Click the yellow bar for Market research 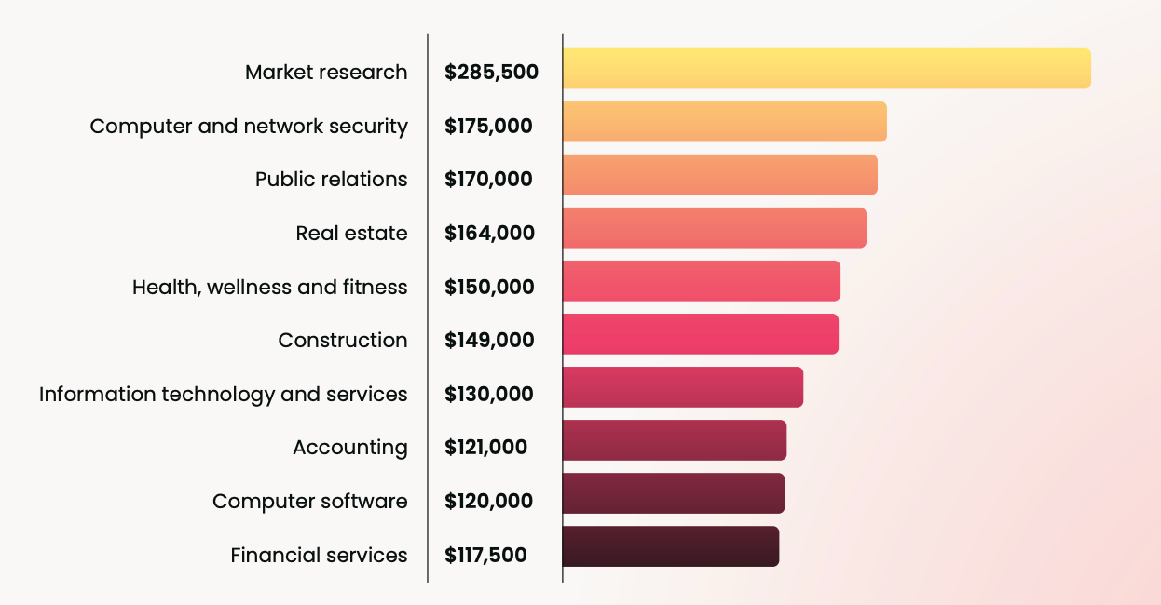pyautogui.click(x=826, y=69)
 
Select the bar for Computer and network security pyautogui.click(x=724, y=122)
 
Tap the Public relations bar pyautogui.click(x=719, y=175)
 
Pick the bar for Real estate pyautogui.click(x=714, y=228)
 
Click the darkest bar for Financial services pyautogui.click(x=670, y=546)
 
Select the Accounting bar pyautogui.click(x=675, y=440)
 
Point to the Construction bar pyautogui.click(x=700, y=334)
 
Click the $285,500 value pyautogui.click(x=491, y=73)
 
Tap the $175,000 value pyautogui.click(x=488, y=127)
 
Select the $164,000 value pyautogui.click(x=489, y=233)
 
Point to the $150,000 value pyautogui.click(x=489, y=288)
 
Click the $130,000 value pyautogui.click(x=488, y=395)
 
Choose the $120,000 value pyautogui.click(x=488, y=502)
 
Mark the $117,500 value pyautogui.click(x=485, y=556)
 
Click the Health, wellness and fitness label pyautogui.click(x=269, y=288)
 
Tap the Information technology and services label pyautogui.click(x=223, y=395)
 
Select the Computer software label pyautogui.click(x=309, y=502)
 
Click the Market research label pyautogui.click(x=326, y=73)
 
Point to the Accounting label pyautogui.click(x=349, y=449)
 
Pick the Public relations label pyautogui.click(x=331, y=180)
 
